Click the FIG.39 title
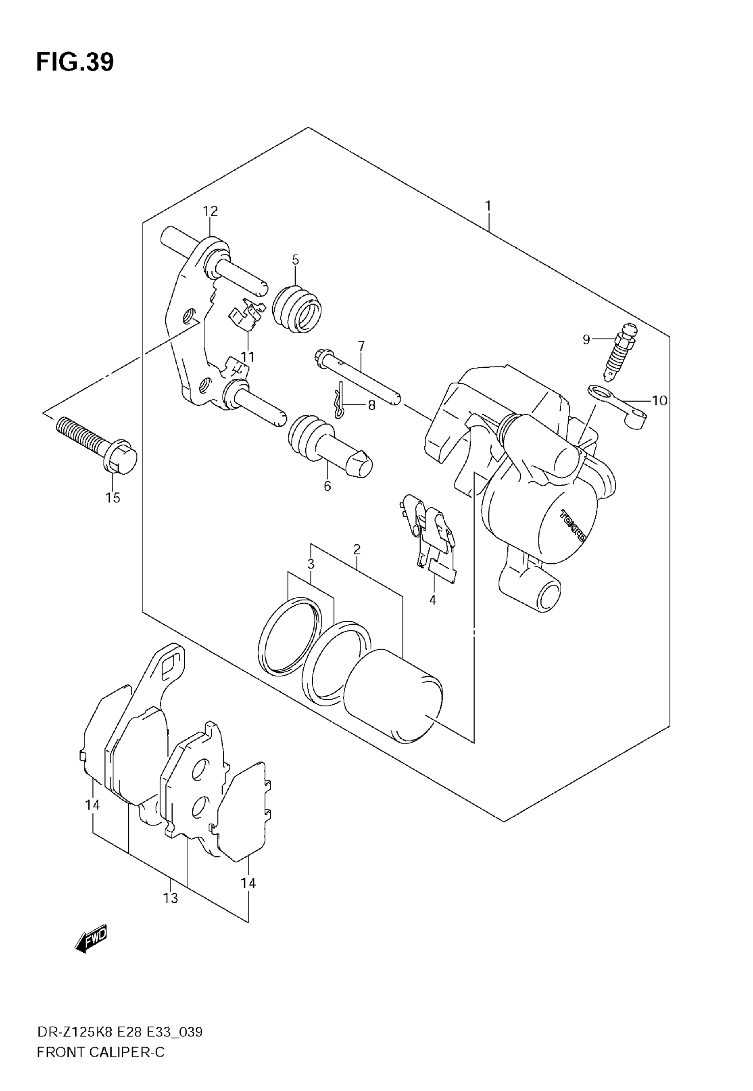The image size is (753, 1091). coord(75,62)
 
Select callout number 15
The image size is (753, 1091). coord(113,498)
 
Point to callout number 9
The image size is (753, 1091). coord(586,339)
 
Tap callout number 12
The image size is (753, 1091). coord(210,211)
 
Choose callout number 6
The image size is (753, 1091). coord(327,486)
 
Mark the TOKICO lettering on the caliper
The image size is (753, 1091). coord(573,526)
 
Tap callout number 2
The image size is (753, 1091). coord(357,549)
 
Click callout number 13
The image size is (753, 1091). coord(171,898)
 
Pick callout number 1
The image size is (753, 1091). coord(488,206)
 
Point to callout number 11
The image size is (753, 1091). coord(247,357)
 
